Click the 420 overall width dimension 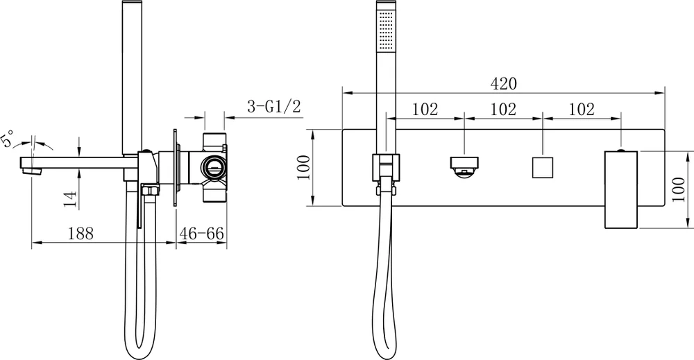coord(503,84)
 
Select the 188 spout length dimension coord(82,234)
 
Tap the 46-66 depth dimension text coord(201,234)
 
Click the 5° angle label coord(9,139)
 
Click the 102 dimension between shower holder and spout coord(425,109)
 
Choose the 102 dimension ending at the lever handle coord(581,109)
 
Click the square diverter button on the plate coord(541,168)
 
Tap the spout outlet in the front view coord(464,167)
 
